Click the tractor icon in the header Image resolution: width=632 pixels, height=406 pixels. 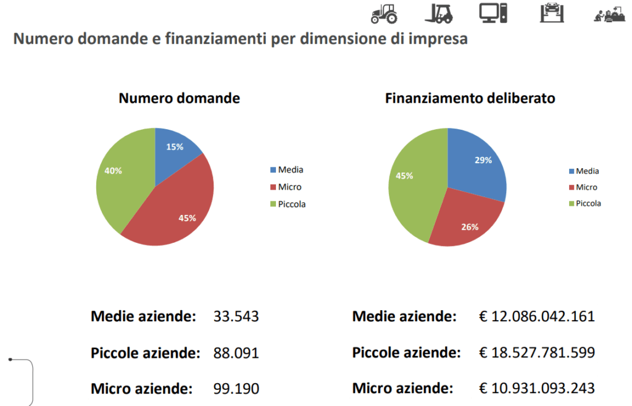[x=383, y=12]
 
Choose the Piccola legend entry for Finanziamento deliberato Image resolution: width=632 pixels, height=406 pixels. [x=588, y=203]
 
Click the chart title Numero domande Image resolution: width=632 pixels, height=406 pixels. [x=179, y=98]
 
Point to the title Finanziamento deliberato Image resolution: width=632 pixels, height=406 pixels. [x=470, y=98]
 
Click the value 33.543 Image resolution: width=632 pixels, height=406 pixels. [x=236, y=317]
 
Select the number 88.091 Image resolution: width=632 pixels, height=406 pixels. [x=236, y=353]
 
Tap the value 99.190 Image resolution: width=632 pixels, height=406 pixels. [x=236, y=389]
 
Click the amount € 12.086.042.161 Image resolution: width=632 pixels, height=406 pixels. [x=537, y=317]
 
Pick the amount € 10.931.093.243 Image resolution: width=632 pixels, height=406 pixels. [x=537, y=389]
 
